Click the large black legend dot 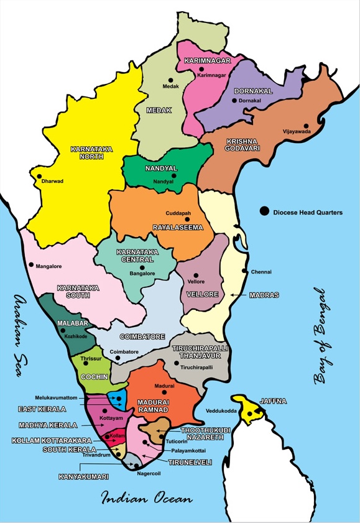265,212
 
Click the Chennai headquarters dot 243,271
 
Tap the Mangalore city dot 31,265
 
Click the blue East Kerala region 118,398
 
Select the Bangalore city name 142,274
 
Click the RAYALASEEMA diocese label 178,228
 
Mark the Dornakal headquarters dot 234,100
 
